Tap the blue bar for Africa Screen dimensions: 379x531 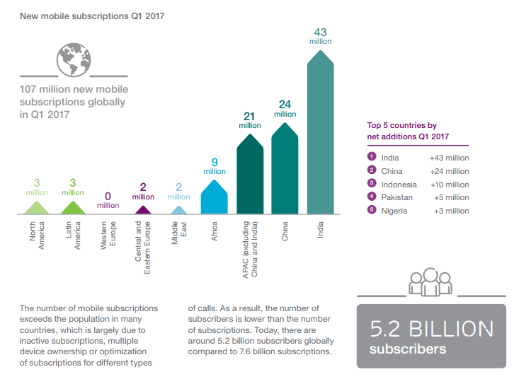point(214,198)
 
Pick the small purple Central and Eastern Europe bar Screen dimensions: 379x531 point(143,210)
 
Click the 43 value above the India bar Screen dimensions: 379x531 point(320,32)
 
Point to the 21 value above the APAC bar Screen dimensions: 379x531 point(249,116)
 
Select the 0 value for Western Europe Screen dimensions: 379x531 point(108,196)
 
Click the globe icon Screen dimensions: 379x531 point(76,59)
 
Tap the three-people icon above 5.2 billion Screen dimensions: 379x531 point(430,281)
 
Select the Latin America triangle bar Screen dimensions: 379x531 point(72,208)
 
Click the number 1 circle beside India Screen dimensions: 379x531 point(370,157)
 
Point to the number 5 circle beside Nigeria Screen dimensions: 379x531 point(370,210)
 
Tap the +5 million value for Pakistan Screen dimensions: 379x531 point(451,197)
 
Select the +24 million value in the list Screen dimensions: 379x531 point(449,170)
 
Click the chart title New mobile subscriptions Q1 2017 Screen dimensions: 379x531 point(92,15)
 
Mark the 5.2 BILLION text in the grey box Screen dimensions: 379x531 point(431,329)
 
